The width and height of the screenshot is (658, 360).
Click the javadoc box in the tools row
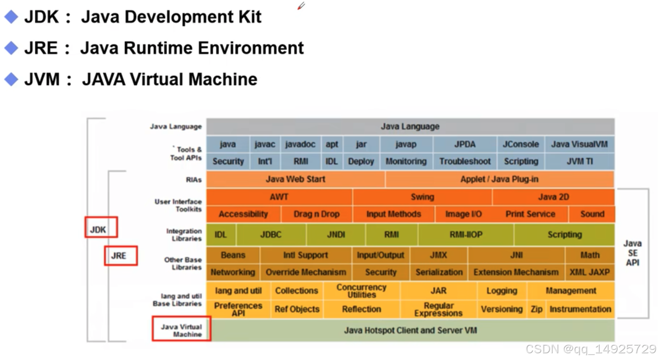[300, 144]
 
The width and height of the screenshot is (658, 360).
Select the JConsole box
[521, 144]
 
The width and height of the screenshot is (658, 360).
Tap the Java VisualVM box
[579, 144]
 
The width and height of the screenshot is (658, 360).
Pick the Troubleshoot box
[465, 161]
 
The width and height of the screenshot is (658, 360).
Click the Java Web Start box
[295, 179]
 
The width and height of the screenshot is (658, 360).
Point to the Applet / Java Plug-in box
[500, 179]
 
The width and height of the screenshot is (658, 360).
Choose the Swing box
[422, 197]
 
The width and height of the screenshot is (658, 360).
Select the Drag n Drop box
[316, 214]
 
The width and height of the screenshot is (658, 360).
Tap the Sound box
[592, 214]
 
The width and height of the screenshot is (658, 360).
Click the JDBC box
[271, 235]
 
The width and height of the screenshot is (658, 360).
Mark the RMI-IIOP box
[466, 235]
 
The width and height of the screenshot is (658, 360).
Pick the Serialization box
[439, 272]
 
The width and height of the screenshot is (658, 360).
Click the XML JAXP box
[590, 272]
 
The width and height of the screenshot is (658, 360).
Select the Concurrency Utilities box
[361, 291]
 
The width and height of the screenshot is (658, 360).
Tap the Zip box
[537, 309]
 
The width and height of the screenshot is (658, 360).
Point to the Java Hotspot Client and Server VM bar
[410, 331]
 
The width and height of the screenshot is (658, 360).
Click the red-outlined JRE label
[120, 256]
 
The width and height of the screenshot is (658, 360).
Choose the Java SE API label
[632, 253]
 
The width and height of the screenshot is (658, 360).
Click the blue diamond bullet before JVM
[11, 79]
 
